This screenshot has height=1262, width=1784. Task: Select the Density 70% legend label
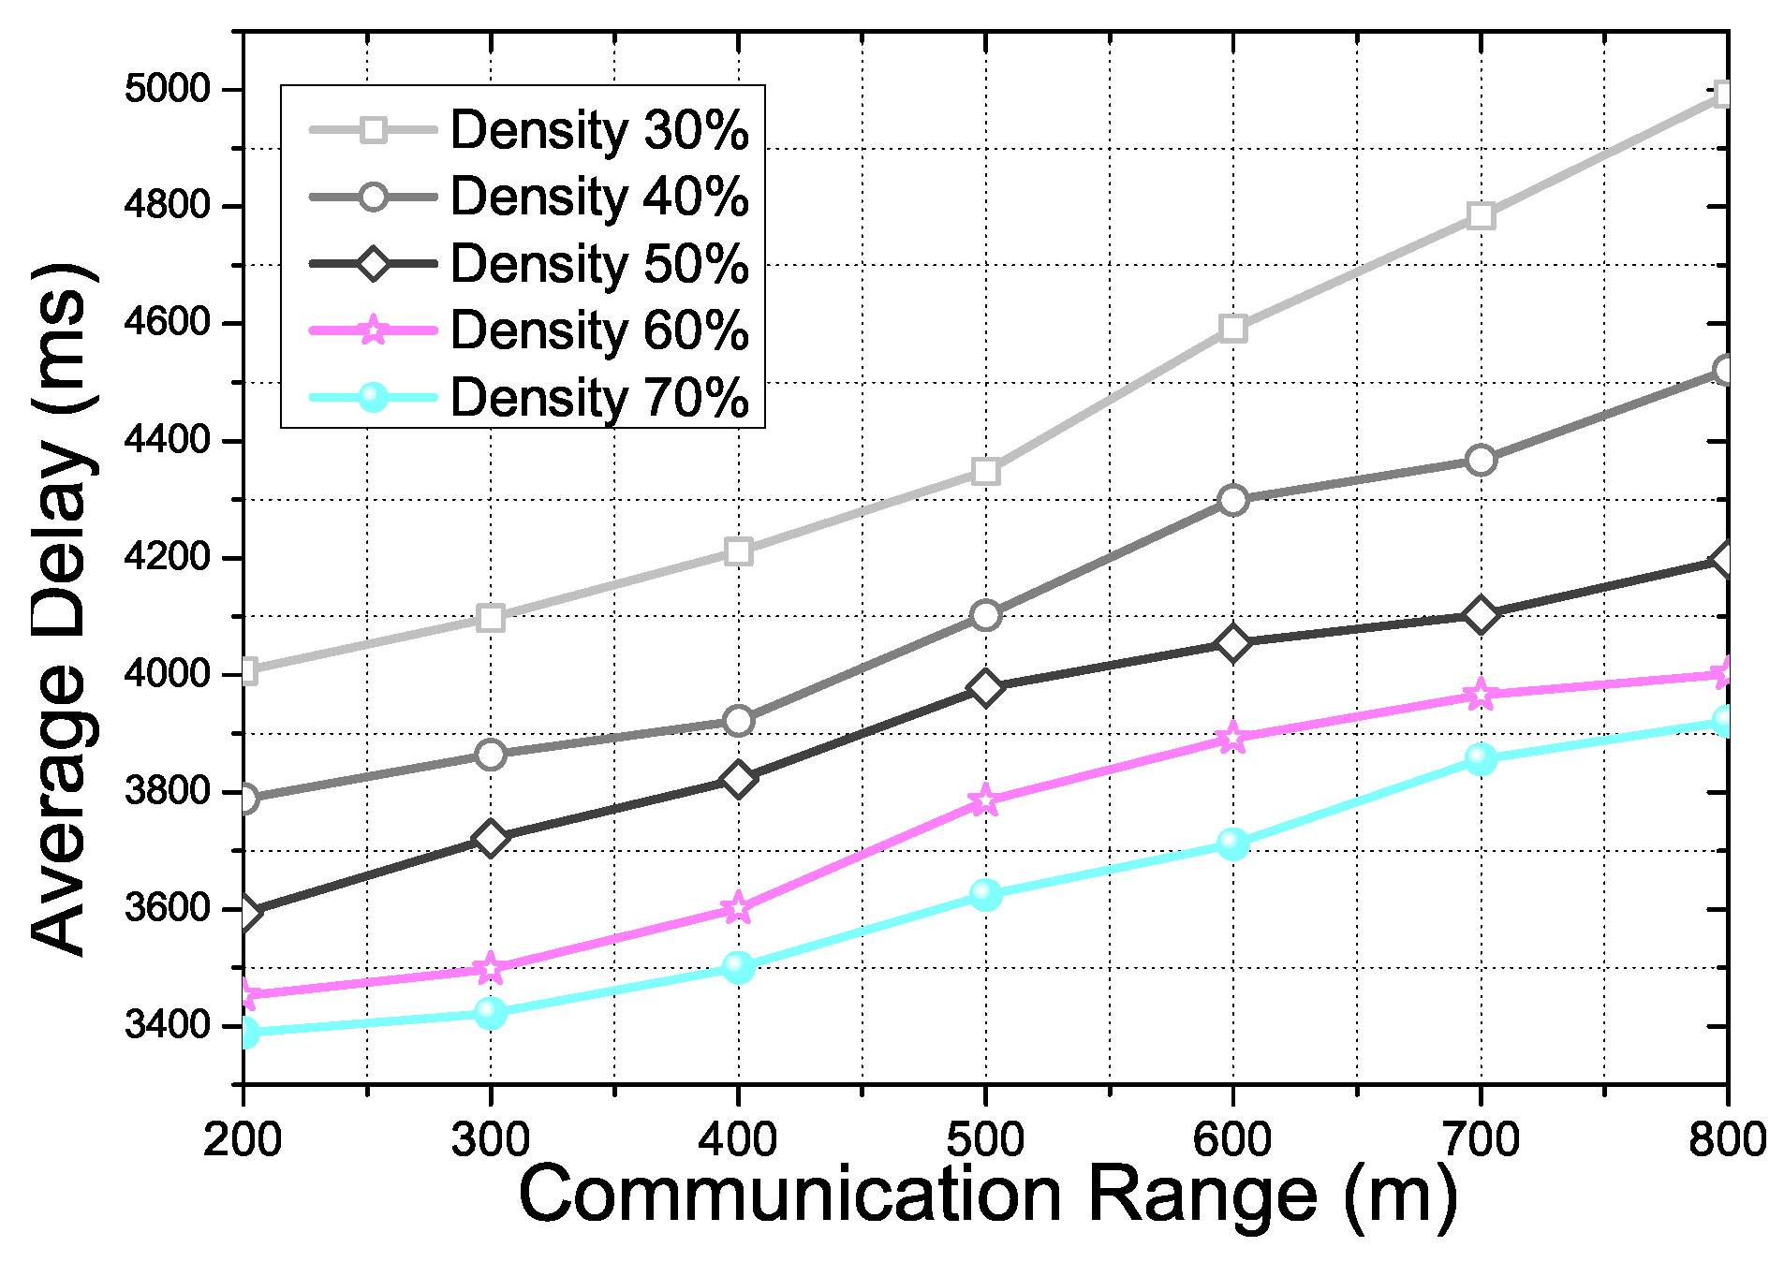599,398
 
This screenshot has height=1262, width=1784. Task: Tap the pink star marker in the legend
374,330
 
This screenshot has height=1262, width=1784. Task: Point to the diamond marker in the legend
374,263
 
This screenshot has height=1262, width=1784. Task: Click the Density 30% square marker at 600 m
1232,328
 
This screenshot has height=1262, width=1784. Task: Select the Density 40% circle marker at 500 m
985,615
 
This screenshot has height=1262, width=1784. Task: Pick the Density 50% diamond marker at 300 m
491,838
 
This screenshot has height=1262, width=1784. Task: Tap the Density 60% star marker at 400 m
738,907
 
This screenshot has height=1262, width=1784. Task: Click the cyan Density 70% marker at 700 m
1481,758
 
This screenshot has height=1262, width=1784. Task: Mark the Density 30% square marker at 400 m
738,551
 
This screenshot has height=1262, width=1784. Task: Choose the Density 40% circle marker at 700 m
1481,460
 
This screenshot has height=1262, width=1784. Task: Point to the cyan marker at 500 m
985,894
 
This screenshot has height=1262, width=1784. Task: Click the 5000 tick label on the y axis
168,90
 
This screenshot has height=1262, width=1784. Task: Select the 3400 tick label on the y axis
168,1026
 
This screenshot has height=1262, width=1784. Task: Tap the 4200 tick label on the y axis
168,558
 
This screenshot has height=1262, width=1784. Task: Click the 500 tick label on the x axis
985,1139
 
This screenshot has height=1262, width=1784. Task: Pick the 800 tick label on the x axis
1726,1139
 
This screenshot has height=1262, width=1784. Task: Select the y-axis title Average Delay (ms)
64,609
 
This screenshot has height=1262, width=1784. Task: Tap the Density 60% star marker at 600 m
1232,738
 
